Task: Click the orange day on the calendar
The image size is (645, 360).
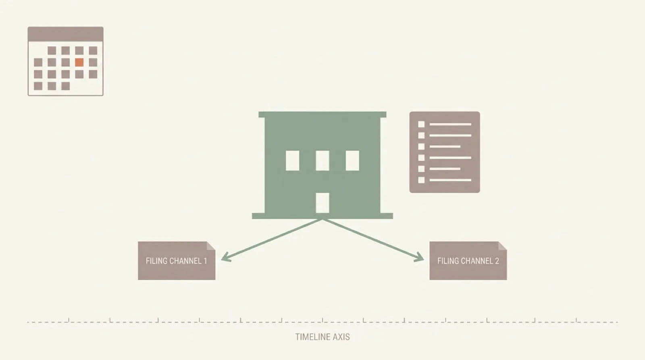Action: click(79, 62)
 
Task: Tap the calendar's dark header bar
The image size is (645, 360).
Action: click(66, 34)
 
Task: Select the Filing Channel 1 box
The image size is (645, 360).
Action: click(177, 261)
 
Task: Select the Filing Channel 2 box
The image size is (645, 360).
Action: click(468, 261)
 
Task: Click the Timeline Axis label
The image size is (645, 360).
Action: click(322, 337)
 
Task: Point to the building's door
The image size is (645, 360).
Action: click(322, 203)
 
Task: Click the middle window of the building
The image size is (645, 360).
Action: click(322, 160)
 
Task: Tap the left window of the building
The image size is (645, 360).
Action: click(292, 160)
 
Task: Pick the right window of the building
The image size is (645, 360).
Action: click(352, 160)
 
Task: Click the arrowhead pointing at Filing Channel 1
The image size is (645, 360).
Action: click(226, 257)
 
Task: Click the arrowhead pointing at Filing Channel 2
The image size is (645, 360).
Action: click(419, 257)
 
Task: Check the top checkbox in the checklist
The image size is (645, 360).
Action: click(421, 124)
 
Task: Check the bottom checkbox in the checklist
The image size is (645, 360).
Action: click(421, 180)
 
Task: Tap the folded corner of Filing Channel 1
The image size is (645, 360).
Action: click(211, 246)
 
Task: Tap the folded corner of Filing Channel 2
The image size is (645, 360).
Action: click(503, 246)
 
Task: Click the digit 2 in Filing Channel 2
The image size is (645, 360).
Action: click(497, 261)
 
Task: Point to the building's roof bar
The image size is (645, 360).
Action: click(322, 114)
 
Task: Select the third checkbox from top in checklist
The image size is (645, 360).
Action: click(421, 147)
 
